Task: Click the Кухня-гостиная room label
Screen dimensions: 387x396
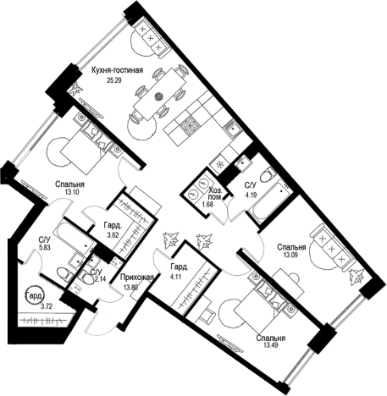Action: [117, 70]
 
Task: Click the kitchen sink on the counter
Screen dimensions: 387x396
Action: [232, 129]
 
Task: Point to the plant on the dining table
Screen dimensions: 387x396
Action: [159, 96]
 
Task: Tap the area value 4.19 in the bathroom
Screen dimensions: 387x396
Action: [251, 195]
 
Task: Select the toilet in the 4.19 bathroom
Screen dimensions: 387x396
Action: [268, 174]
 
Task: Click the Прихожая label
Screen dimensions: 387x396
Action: [137, 278]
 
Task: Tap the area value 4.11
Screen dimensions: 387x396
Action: [176, 277]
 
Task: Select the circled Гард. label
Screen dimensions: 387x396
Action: [35, 296]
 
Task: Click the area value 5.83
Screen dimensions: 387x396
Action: [44, 250]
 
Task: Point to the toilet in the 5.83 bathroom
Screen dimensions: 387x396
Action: [64, 274]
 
